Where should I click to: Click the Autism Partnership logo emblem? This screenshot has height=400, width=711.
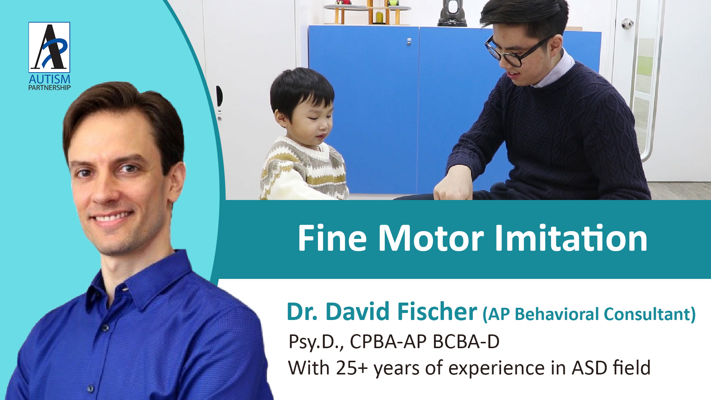tap(49, 47)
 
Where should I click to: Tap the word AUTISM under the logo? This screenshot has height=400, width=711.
tap(50, 79)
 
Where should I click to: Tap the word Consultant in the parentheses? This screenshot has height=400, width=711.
tap(650, 314)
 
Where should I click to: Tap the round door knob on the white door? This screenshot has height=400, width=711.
tap(627, 23)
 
